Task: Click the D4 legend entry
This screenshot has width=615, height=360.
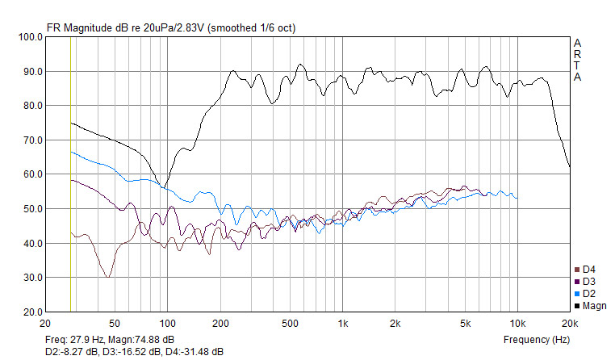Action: [x=585, y=270]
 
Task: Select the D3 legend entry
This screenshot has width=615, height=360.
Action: [x=585, y=282]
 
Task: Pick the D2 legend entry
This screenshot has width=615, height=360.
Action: [x=585, y=294]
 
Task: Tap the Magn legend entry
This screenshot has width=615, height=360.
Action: [x=590, y=306]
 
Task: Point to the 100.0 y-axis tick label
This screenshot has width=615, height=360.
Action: [x=31, y=37]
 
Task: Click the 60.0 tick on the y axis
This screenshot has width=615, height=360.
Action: [x=33, y=174]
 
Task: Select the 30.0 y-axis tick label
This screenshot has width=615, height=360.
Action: [x=33, y=277]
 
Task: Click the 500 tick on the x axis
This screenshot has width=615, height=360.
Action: [x=290, y=324]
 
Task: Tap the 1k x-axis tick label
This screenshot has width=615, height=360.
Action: [x=342, y=324]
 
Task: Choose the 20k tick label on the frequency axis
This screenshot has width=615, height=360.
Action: [x=570, y=324]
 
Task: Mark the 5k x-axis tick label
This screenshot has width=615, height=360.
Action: [x=465, y=324]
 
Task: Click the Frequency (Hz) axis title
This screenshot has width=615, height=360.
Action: [x=537, y=340]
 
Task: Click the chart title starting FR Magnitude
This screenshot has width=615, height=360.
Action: [x=171, y=27]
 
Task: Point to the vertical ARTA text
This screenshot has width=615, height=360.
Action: [x=577, y=60]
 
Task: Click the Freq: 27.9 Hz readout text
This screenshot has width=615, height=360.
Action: [x=74, y=340]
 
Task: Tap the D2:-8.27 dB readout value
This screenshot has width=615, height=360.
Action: [x=71, y=352]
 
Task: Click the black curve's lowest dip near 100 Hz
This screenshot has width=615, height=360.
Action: [x=162, y=188]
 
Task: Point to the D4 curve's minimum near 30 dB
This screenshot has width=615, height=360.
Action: [x=108, y=277]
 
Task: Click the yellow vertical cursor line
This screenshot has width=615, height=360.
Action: [x=70, y=174]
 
